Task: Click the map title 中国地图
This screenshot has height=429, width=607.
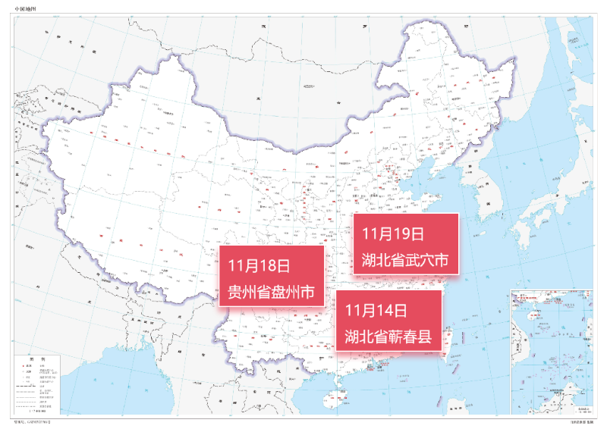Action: point(25,8)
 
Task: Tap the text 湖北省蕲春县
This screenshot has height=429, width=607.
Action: point(388,336)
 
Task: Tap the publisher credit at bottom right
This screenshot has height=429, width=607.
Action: point(577,421)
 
